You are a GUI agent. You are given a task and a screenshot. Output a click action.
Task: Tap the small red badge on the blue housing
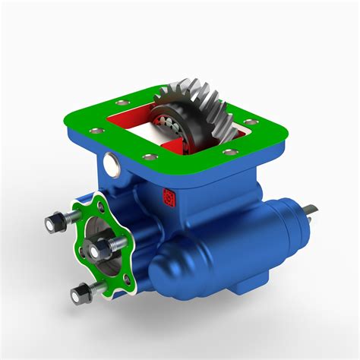click(x=169, y=200)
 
